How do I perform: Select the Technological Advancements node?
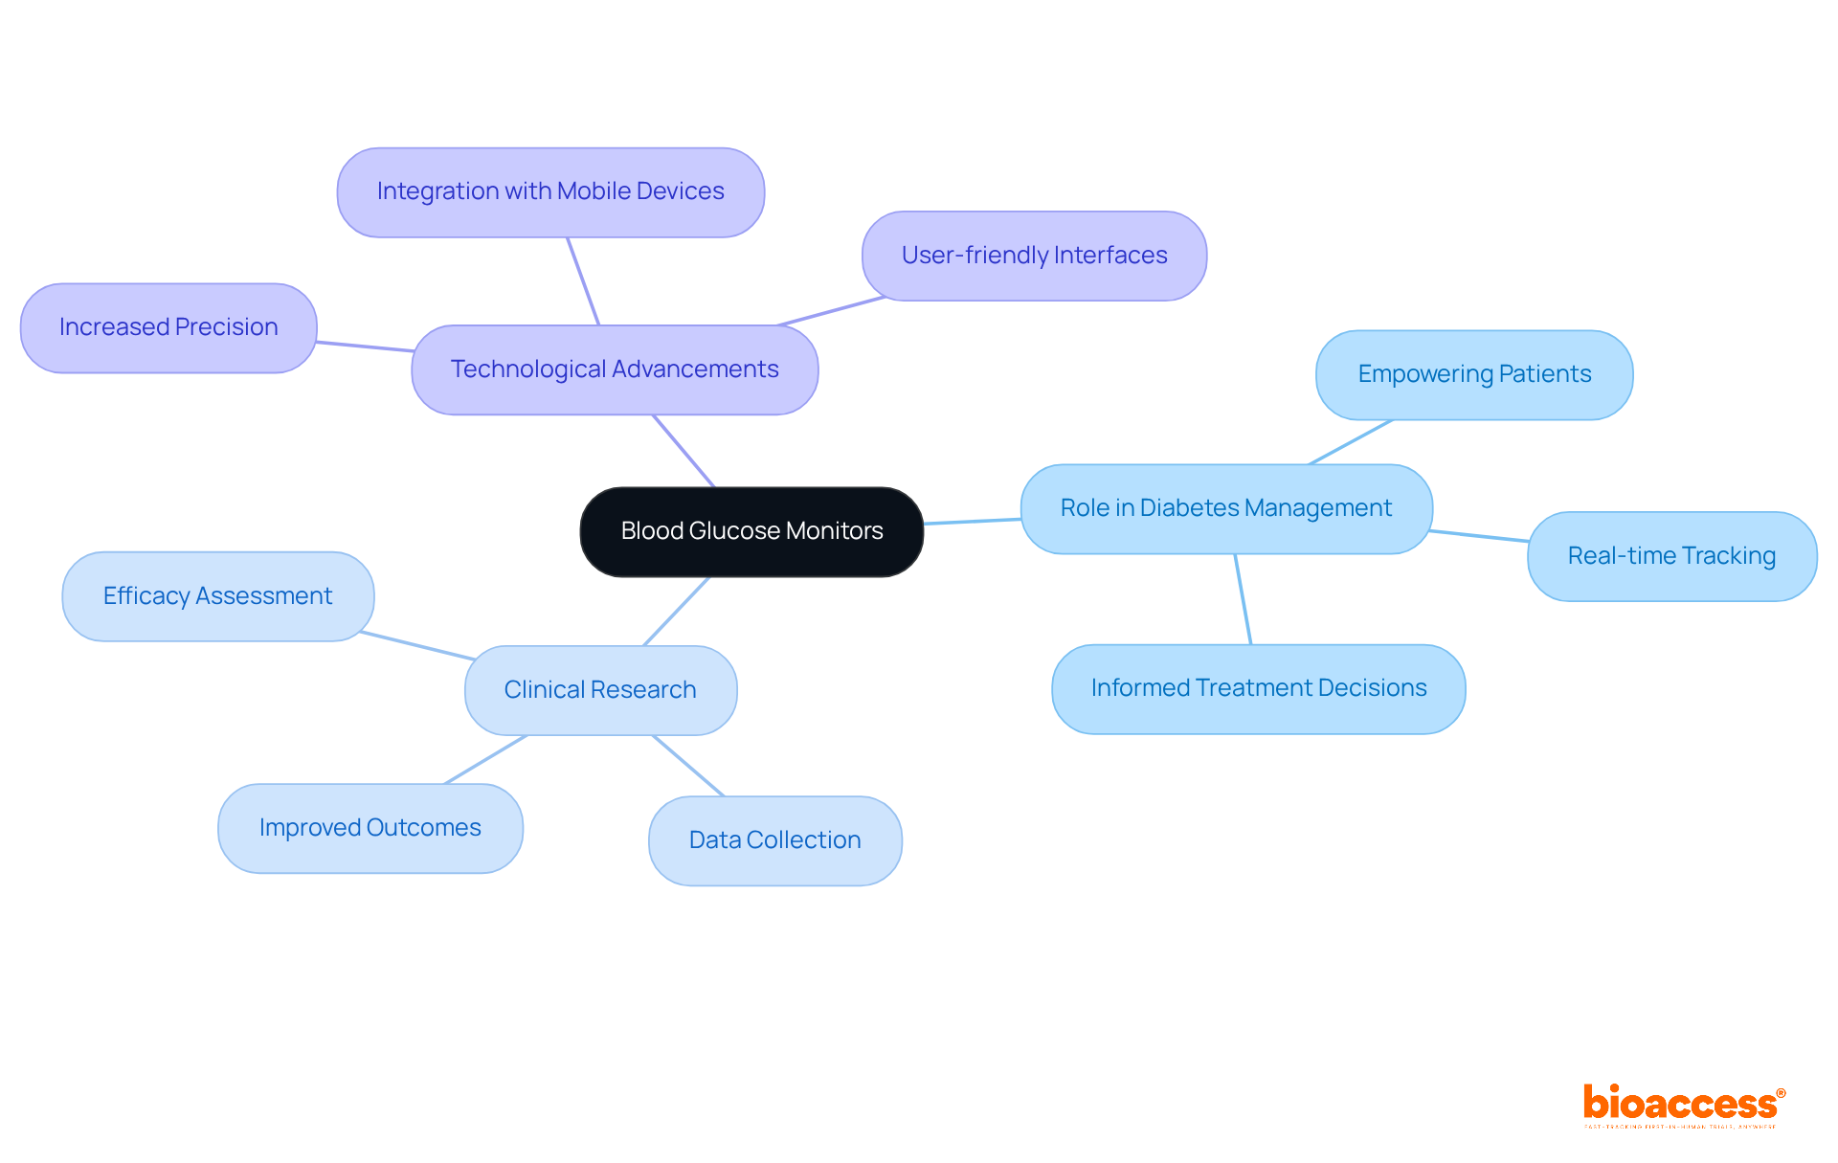615,369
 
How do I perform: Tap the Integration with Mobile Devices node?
550,191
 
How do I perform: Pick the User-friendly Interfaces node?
1034,256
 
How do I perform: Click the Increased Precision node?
168,327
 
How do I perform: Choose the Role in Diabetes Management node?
1225,508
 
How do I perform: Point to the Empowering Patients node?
1474,374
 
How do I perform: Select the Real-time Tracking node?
1671,556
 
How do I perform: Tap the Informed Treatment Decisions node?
1258,688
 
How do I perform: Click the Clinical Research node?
600,690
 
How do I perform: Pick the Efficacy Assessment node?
217,596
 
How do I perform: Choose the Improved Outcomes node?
370,828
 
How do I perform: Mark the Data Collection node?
774,840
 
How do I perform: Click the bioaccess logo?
1683,1106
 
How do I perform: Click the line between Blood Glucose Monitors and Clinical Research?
677,611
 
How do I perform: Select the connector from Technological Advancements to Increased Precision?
364,347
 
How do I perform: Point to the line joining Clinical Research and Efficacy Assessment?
416,645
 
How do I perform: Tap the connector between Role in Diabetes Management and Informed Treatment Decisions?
1243,599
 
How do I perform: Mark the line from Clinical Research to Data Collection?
688,766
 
